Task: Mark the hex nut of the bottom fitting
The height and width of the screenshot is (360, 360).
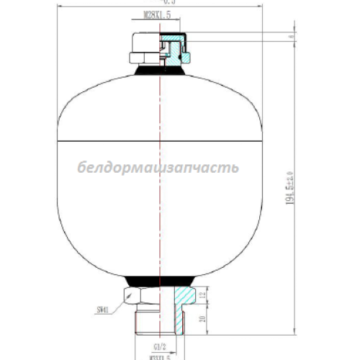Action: tap(140, 295)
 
